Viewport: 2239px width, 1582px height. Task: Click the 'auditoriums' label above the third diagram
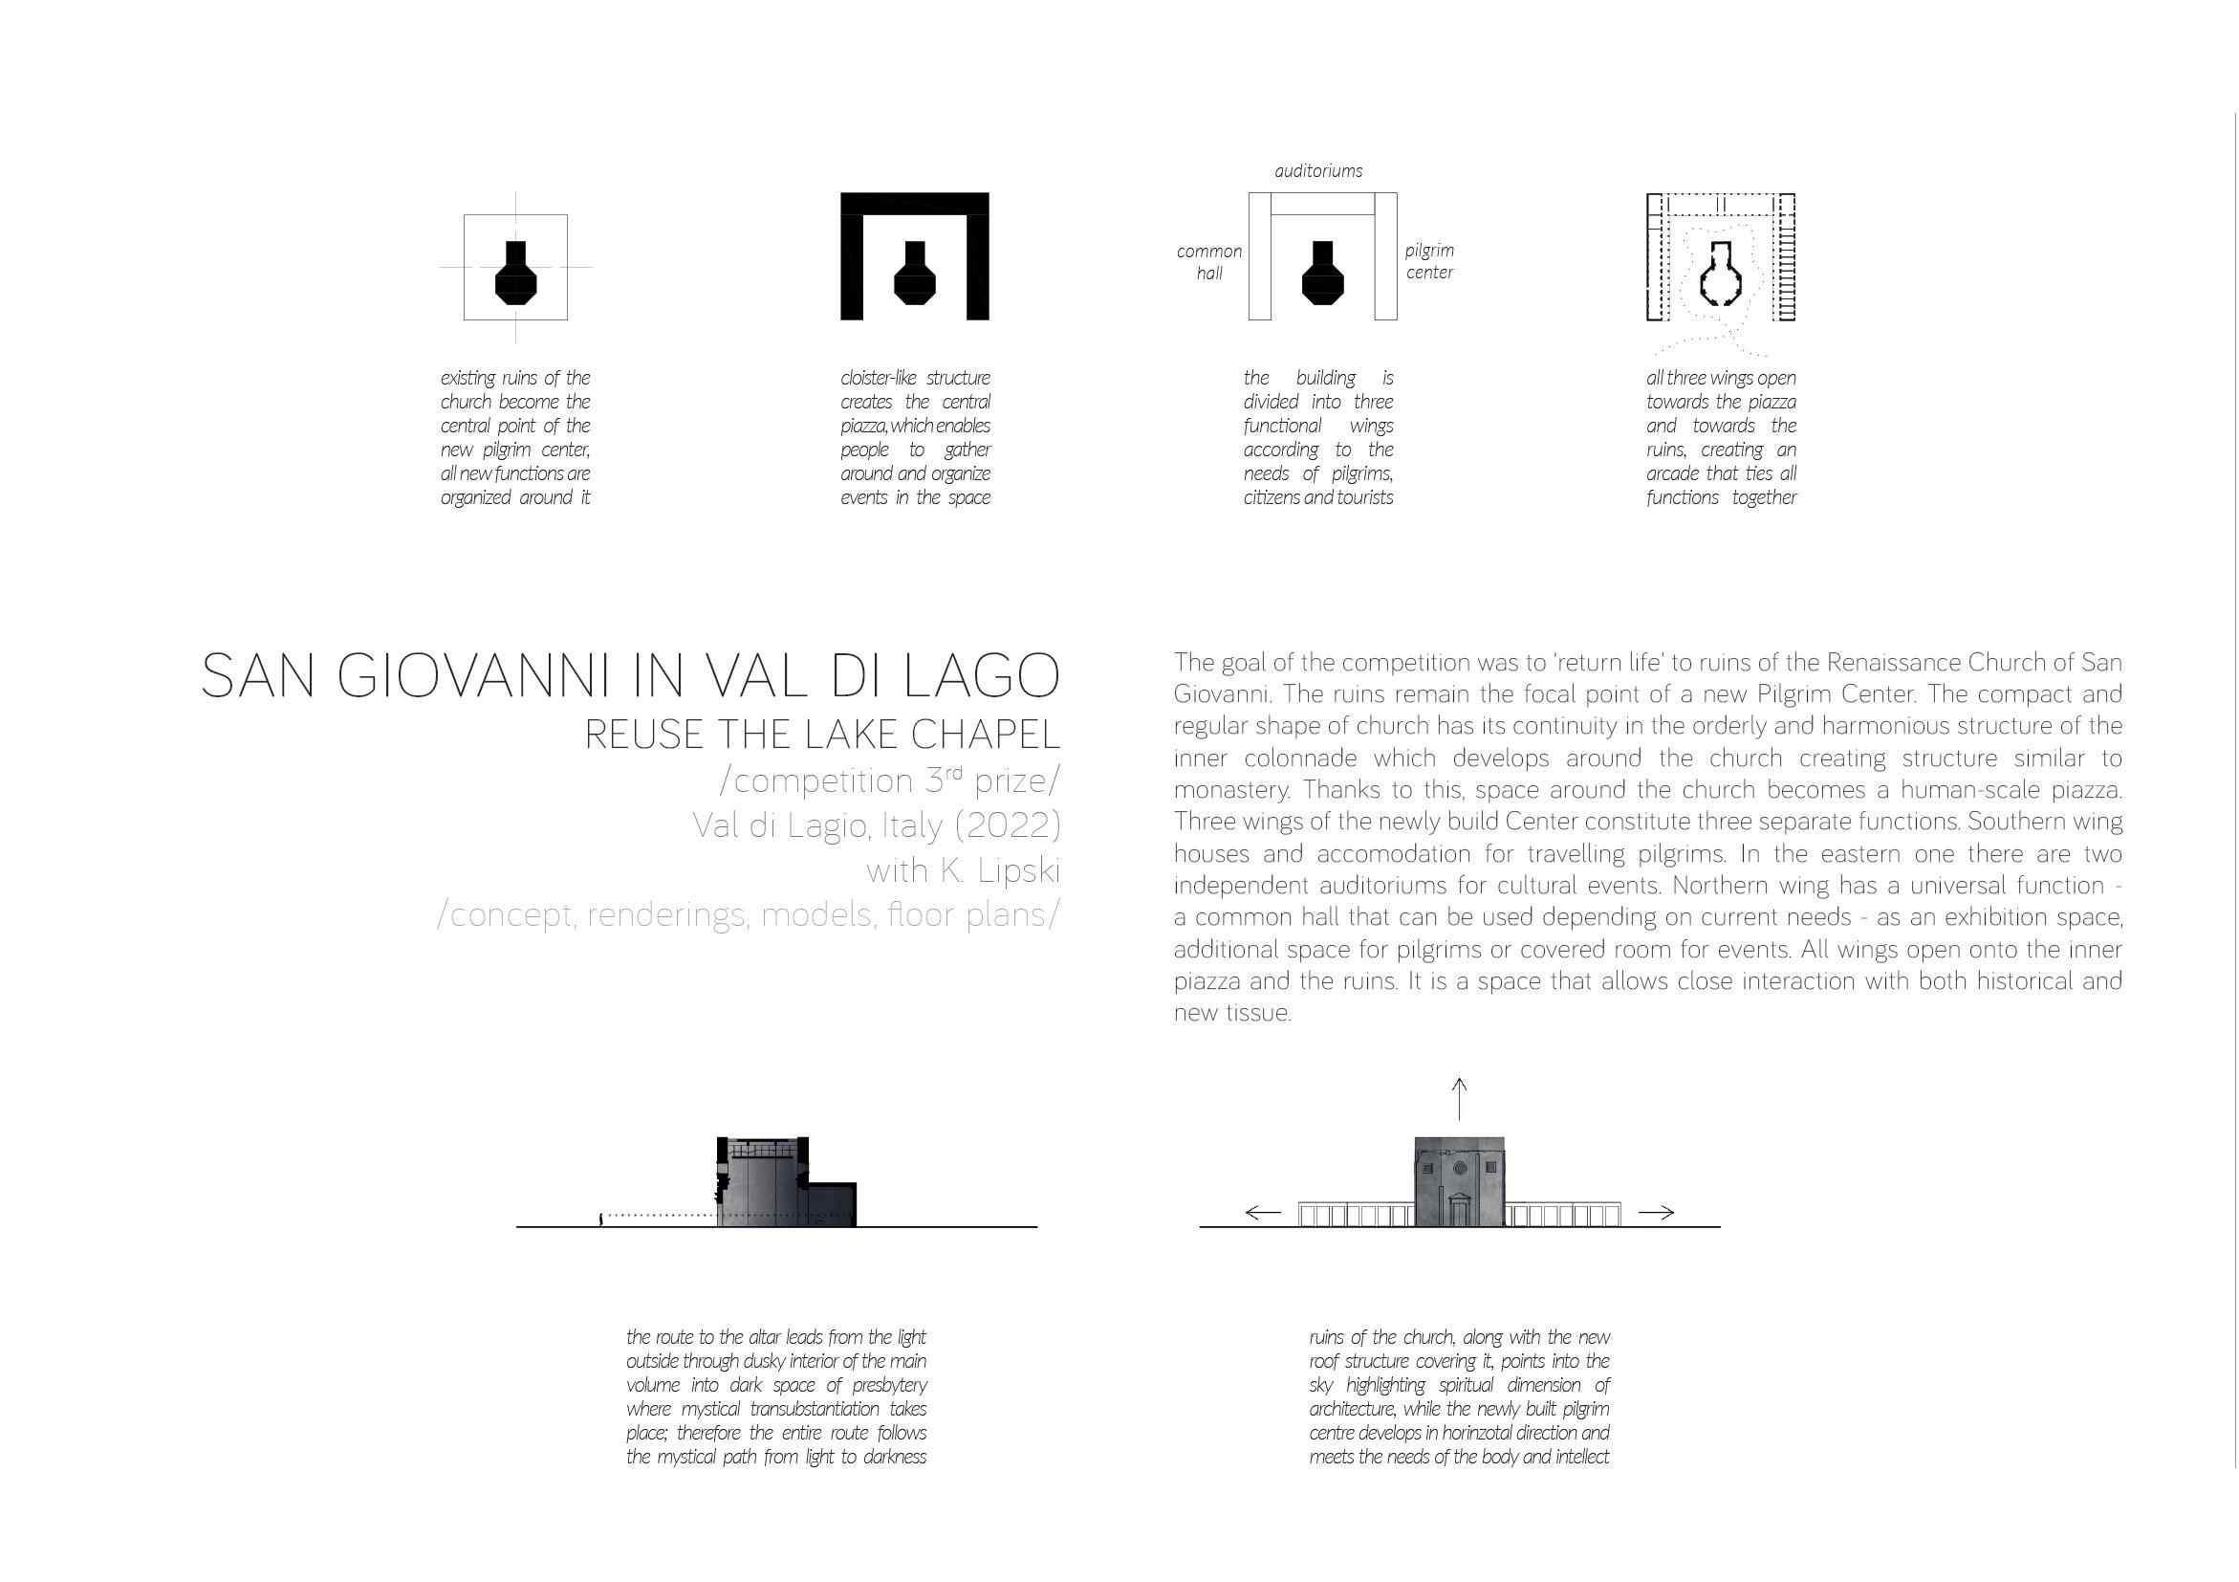pos(1318,171)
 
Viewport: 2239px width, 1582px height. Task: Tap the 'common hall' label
pos(1209,262)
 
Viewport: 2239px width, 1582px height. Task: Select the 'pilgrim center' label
pos(1429,262)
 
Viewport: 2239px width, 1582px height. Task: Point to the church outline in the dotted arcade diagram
pos(1721,276)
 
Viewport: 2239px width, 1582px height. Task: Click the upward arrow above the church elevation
pos(1459,1099)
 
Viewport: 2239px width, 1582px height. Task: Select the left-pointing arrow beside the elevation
pos(1264,1214)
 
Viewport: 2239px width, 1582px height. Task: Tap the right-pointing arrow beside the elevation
pos(1656,1214)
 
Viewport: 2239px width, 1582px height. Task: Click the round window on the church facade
pos(1460,1169)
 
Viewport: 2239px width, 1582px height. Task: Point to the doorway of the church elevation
pos(1460,1210)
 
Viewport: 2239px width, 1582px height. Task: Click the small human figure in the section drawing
pos(599,1219)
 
